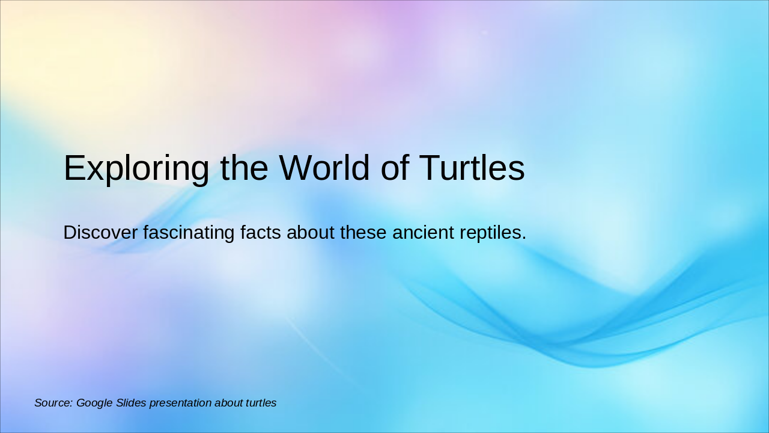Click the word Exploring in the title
[x=136, y=168]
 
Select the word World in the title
[x=324, y=168]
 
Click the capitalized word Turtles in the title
[x=472, y=168]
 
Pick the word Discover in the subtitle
[x=100, y=232]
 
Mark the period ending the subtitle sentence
[x=524, y=238]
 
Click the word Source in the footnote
[x=52, y=403]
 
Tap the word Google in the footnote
[x=94, y=404]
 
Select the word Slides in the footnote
[x=131, y=403]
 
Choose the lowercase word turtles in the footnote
[x=261, y=403]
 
